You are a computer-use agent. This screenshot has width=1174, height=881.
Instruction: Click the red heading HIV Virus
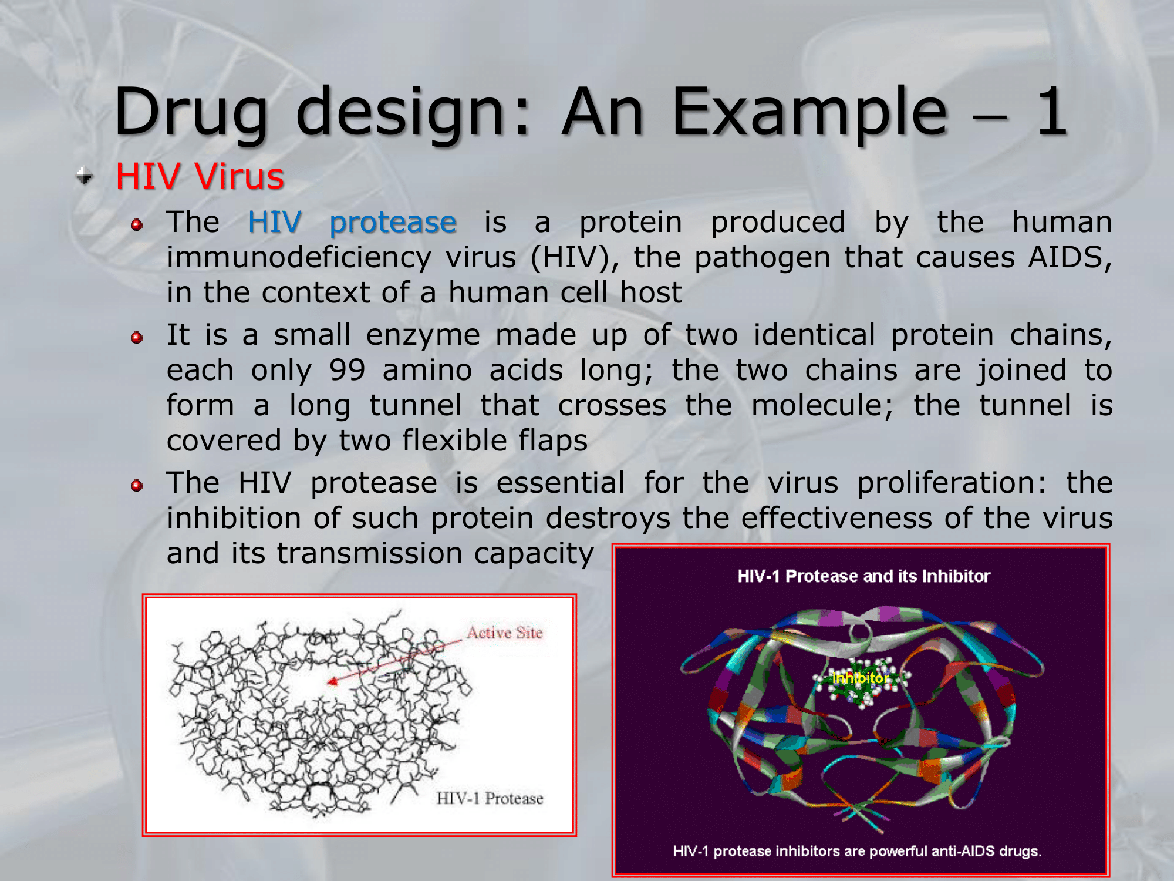coord(200,176)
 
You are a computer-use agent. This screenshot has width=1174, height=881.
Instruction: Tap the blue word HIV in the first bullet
coord(275,222)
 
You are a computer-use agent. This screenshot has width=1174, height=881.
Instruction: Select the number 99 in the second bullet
coord(348,371)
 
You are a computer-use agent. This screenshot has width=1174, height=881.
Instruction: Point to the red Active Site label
coord(505,633)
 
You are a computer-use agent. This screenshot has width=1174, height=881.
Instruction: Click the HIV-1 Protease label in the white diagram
coord(490,798)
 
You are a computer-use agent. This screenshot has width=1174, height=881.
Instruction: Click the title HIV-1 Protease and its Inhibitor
coord(863,576)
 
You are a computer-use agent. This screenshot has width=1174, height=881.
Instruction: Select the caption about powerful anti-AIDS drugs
coord(857,851)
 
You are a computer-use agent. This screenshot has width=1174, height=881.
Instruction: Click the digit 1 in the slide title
coord(1051,112)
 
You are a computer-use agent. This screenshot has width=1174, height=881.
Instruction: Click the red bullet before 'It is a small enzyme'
coord(137,338)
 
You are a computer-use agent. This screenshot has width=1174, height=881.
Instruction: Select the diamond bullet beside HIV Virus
coord(85,176)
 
